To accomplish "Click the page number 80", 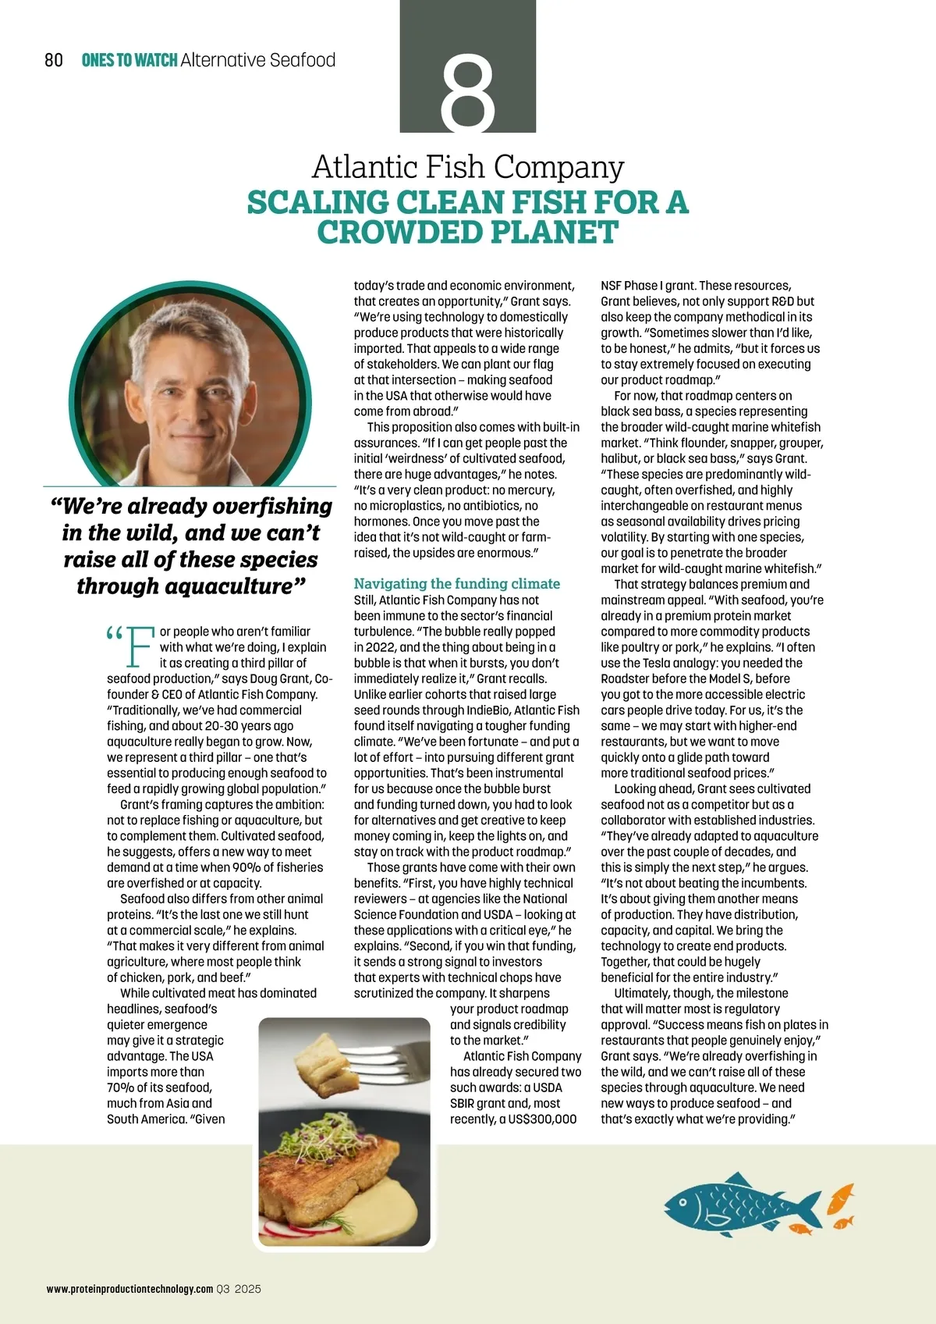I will [54, 60].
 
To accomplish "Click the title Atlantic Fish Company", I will [468, 166].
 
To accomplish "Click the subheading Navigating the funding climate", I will [456, 583].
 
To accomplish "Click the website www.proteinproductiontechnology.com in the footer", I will [129, 1289].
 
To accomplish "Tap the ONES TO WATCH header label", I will [129, 60].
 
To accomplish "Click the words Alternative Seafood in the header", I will [257, 60].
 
